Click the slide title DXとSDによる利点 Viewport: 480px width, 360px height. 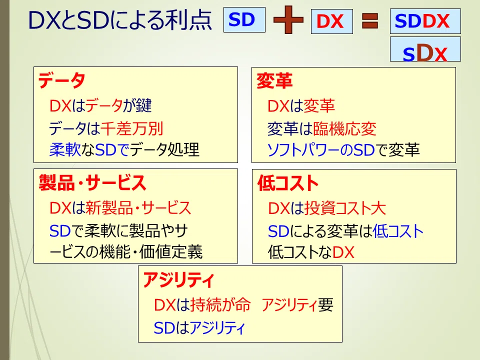pyautogui.click(x=120, y=20)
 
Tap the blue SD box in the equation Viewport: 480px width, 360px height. pyautogui.click(x=244, y=20)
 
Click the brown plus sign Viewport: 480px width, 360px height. pyautogui.click(x=288, y=20)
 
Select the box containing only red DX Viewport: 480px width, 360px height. pyautogui.click(x=332, y=21)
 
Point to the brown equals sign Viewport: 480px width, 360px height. pyautogui.click(x=370, y=21)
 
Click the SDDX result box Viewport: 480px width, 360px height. pyautogui.click(x=425, y=21)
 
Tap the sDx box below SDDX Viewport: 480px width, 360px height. pyautogui.click(x=425, y=49)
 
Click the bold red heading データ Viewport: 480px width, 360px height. pyautogui.click(x=61, y=80)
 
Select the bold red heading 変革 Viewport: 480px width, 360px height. pyautogui.click(x=274, y=81)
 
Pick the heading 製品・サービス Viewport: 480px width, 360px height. pyautogui.click(x=92, y=183)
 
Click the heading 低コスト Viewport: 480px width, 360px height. pyautogui.click(x=288, y=183)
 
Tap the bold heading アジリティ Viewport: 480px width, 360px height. pyautogui.click(x=179, y=280)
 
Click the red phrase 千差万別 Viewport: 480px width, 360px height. pyautogui.click(x=132, y=128)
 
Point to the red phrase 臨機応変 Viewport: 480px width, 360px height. pyautogui.click(x=344, y=128)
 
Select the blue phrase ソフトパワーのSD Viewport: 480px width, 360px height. pyautogui.click(x=321, y=150)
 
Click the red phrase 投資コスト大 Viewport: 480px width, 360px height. pyautogui.click(x=345, y=208)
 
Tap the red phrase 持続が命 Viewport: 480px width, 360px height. pyautogui.click(x=220, y=305)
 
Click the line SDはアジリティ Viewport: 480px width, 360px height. pyautogui.click(x=199, y=328)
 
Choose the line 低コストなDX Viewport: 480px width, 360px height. pyautogui.click(x=311, y=252)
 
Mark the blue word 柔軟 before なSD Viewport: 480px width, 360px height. pyautogui.click(x=65, y=149)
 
